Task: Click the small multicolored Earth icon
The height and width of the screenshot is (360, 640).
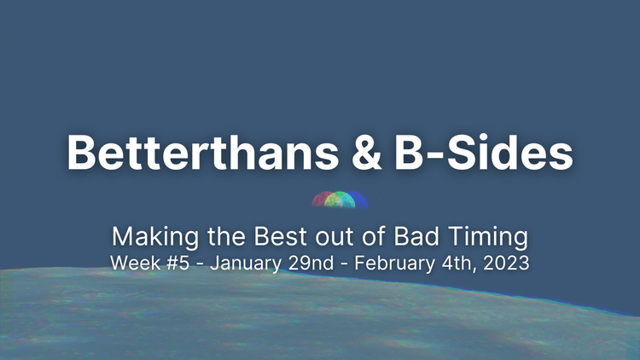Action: coord(340,200)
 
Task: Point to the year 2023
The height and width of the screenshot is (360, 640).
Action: coord(506,264)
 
